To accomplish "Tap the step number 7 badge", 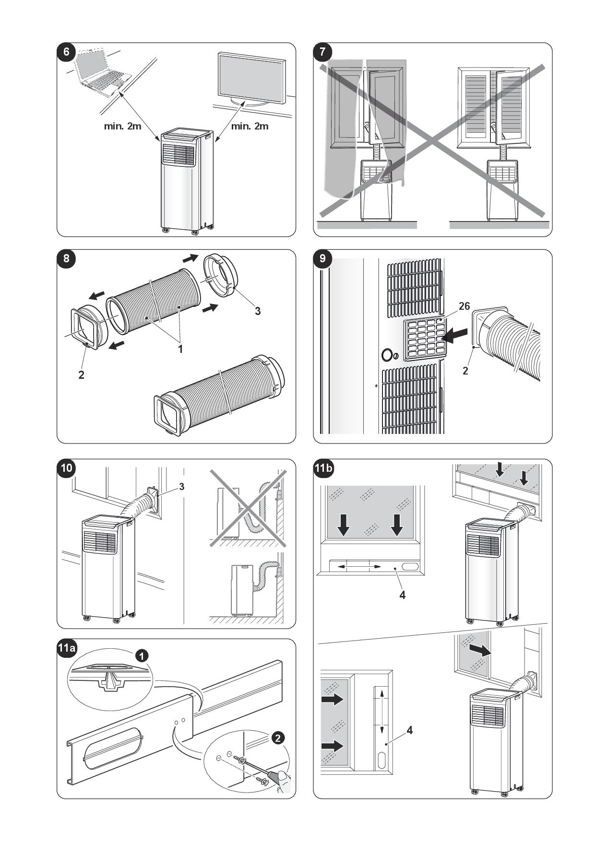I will (322, 52).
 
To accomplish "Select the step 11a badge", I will (67, 648).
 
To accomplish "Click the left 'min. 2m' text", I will (123, 126).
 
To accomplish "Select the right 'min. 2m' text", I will (250, 126).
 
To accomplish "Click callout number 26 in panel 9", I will (464, 306).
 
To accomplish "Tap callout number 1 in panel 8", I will (180, 349).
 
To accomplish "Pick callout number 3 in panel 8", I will (258, 311).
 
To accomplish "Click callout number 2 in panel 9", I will (465, 370).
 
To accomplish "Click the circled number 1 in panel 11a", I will (142, 655).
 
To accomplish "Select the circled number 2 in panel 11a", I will (277, 738).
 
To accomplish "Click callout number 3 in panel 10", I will (181, 486).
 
